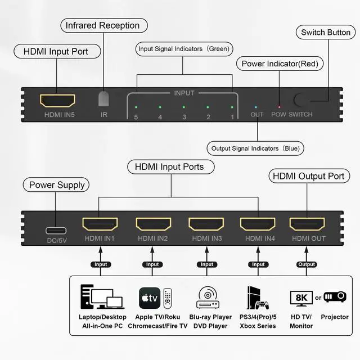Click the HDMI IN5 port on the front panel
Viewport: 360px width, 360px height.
pyautogui.click(x=57, y=101)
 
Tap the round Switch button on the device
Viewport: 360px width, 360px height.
pyautogui.click(x=302, y=101)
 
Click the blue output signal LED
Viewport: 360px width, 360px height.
pyautogui.click(x=256, y=106)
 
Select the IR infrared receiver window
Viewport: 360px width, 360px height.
pyautogui.click(x=104, y=99)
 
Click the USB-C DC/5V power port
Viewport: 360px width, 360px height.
pyautogui.click(x=57, y=230)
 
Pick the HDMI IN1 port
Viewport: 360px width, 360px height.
pyautogui.click(x=100, y=224)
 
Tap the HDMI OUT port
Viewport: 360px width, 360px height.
pyautogui.click(x=307, y=224)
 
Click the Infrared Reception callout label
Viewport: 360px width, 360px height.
pyautogui.click(x=102, y=25)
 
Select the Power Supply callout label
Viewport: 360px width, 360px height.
pyautogui.click(x=57, y=184)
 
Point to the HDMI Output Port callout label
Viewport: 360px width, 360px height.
pyautogui.click(x=308, y=176)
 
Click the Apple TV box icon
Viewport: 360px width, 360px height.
pyautogui.click(x=150, y=297)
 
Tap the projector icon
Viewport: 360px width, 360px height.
pyautogui.click(x=335, y=296)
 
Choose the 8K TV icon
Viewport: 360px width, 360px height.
pyautogui.click(x=301, y=297)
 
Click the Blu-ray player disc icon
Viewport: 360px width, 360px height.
pyautogui.click(x=207, y=297)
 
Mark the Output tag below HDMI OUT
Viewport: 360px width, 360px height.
pyautogui.click(x=307, y=264)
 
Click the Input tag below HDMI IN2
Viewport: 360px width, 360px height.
pyautogui.click(x=153, y=264)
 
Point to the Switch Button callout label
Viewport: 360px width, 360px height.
pyautogui.click(x=326, y=32)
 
